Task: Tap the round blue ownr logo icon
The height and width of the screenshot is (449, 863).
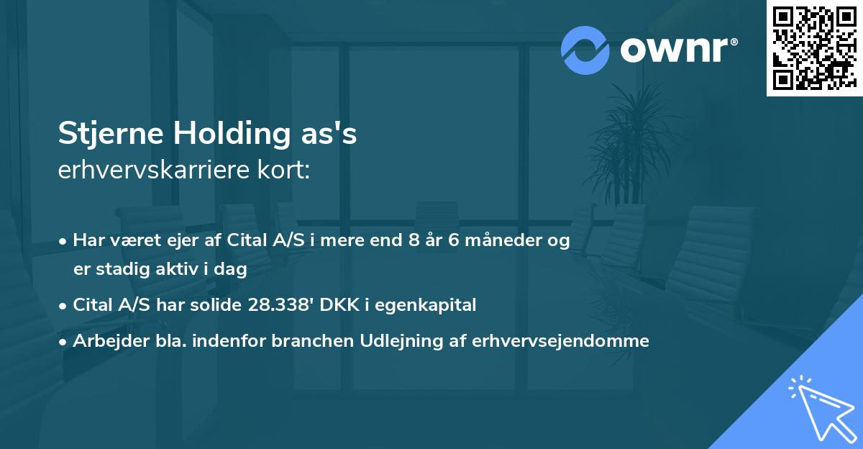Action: click(585, 50)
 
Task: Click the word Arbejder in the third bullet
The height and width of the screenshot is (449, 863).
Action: click(103, 341)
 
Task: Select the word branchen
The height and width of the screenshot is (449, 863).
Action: click(303, 341)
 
